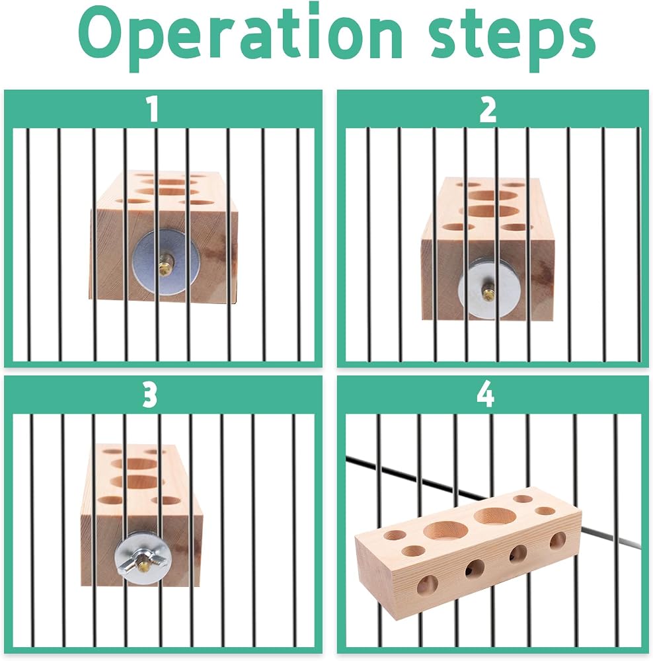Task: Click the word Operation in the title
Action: [240, 38]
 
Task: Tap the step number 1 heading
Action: [152, 109]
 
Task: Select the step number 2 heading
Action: [488, 109]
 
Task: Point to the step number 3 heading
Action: [150, 395]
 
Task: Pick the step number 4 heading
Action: [486, 395]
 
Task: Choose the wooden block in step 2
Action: [488, 249]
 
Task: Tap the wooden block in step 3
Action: [141, 515]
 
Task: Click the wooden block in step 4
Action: [468, 549]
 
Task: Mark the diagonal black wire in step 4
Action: [493, 502]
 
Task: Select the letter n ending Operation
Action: [383, 40]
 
